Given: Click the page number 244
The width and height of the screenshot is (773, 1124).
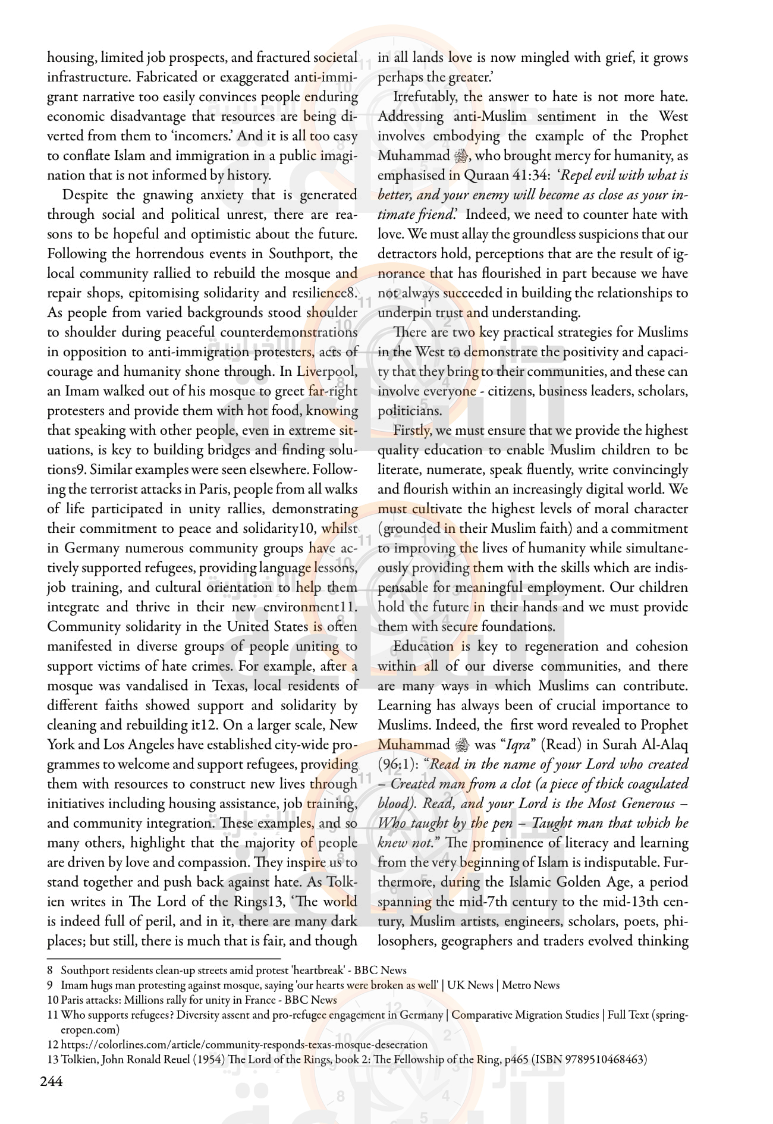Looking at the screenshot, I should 51,1081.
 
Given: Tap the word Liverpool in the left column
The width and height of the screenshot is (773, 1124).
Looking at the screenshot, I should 326,372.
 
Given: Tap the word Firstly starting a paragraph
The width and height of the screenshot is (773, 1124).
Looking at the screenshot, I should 413,431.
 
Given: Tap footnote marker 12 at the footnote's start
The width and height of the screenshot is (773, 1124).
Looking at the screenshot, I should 53,1045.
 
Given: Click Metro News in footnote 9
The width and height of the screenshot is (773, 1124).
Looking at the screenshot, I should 530,985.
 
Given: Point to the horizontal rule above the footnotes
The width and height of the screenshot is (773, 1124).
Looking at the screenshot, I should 164,959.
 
